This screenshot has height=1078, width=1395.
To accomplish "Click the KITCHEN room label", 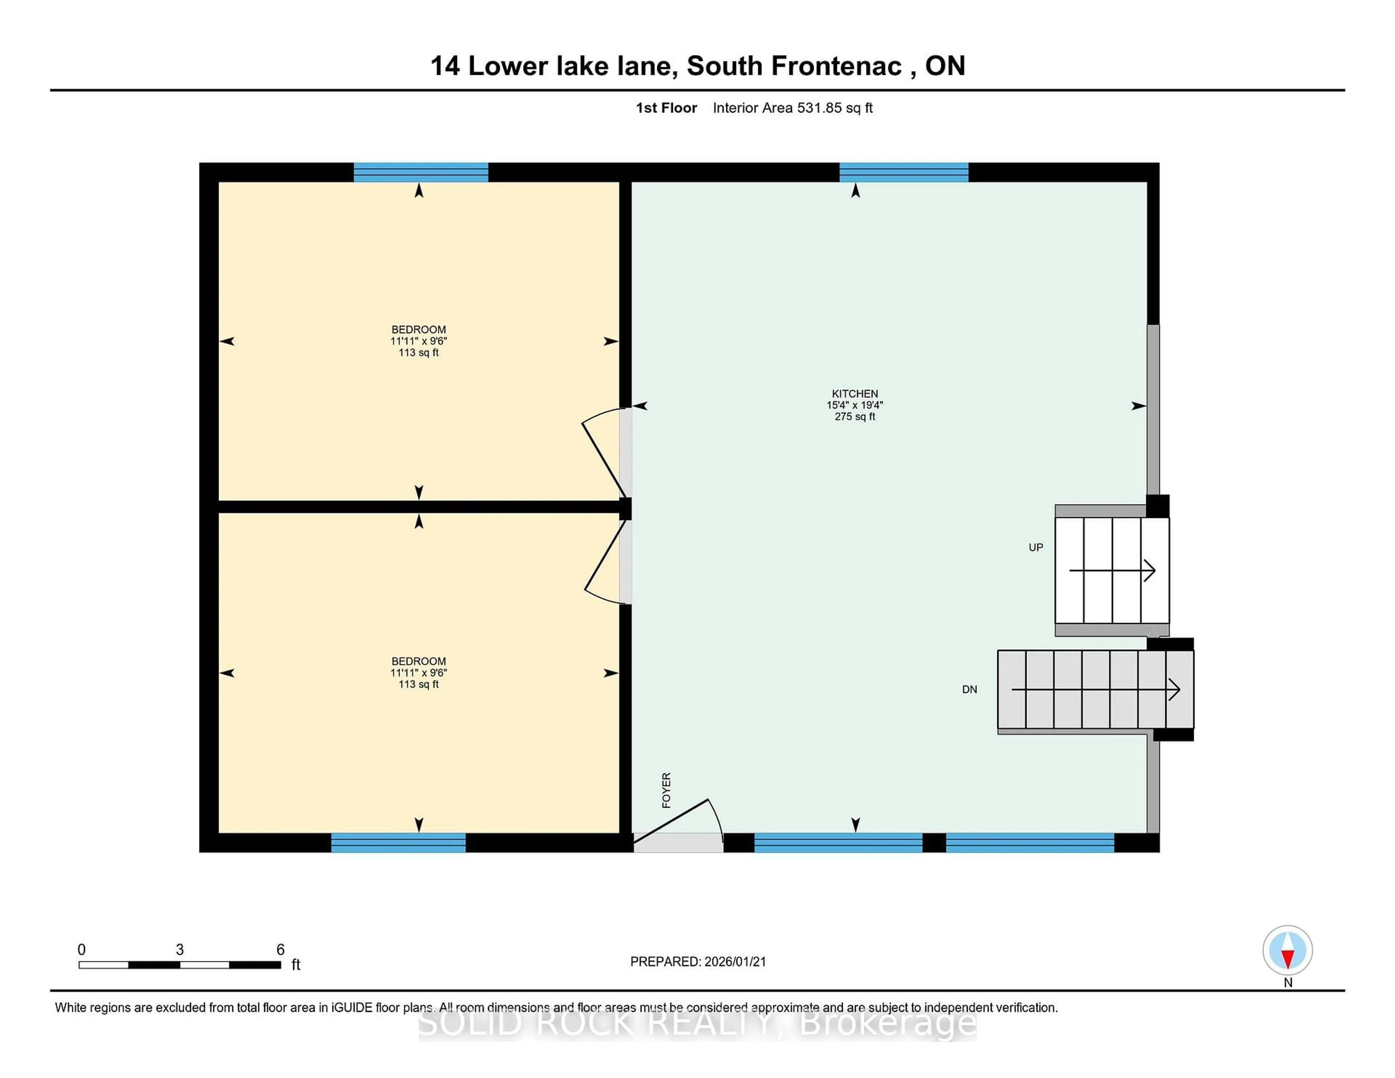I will [855, 393].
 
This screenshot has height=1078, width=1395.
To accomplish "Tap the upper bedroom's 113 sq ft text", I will [418, 353].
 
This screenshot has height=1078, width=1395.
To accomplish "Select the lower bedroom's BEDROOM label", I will [418, 661].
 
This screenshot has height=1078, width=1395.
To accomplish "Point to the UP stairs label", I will [1035, 547].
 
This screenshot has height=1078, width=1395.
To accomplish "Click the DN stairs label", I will [969, 689].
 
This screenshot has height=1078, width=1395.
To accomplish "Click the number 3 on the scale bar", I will [179, 950].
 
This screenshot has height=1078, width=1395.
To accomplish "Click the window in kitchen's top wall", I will [903, 173].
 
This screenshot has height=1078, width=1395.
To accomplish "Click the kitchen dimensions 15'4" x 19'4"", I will [855, 405].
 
